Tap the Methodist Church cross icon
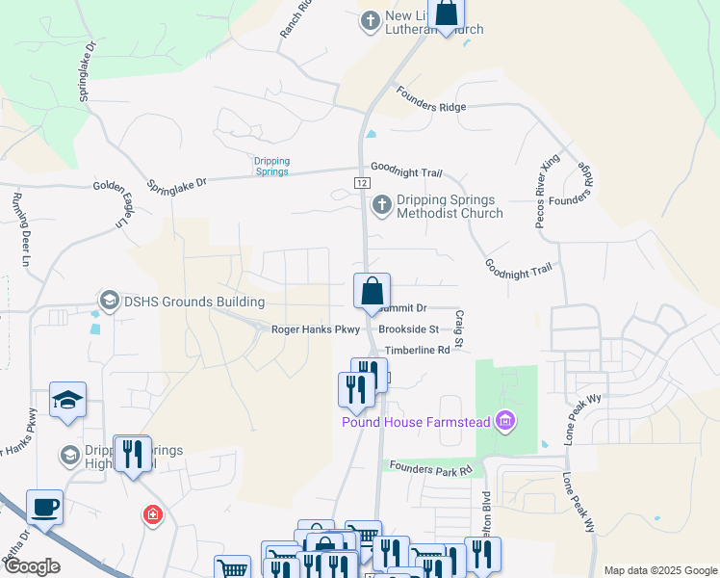coord(381,205)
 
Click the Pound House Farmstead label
coord(417,421)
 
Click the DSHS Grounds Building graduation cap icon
coord(109,301)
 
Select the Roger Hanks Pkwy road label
coord(315,329)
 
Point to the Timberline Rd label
coord(417,351)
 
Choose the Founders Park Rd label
coord(430,468)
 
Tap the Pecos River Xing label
coord(545,200)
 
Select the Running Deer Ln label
coord(17,227)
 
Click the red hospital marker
coord(152,515)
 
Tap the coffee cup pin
coord(44,507)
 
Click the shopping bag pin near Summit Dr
coord(372,292)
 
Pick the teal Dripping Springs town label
coord(271,166)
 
